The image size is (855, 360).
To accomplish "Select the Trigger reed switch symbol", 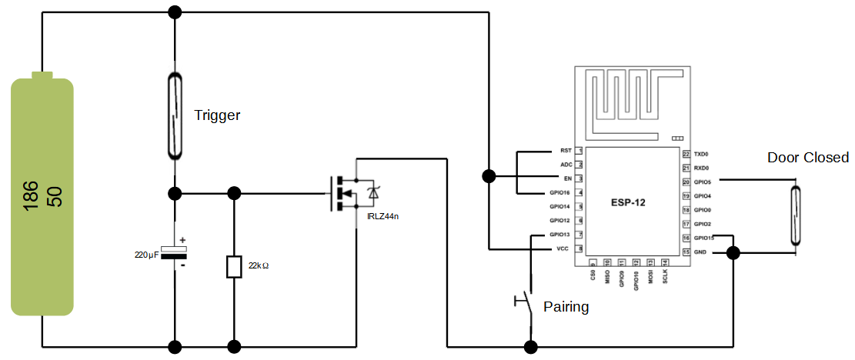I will [175, 116].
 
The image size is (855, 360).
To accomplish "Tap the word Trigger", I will [217, 115].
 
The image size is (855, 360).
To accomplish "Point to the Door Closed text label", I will [807, 158].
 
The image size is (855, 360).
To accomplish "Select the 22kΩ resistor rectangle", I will [234, 267].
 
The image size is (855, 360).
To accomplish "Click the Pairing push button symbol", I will [526, 301].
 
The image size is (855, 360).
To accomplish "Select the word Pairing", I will [566, 307].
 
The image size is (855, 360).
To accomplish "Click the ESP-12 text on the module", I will [629, 203].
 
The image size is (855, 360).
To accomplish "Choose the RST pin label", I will [566, 151].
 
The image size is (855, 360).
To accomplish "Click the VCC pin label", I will [564, 249].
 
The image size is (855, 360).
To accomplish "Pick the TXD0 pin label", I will [701, 154].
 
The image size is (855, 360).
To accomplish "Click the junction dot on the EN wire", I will [489, 176].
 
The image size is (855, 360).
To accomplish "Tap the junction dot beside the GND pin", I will [733, 252].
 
